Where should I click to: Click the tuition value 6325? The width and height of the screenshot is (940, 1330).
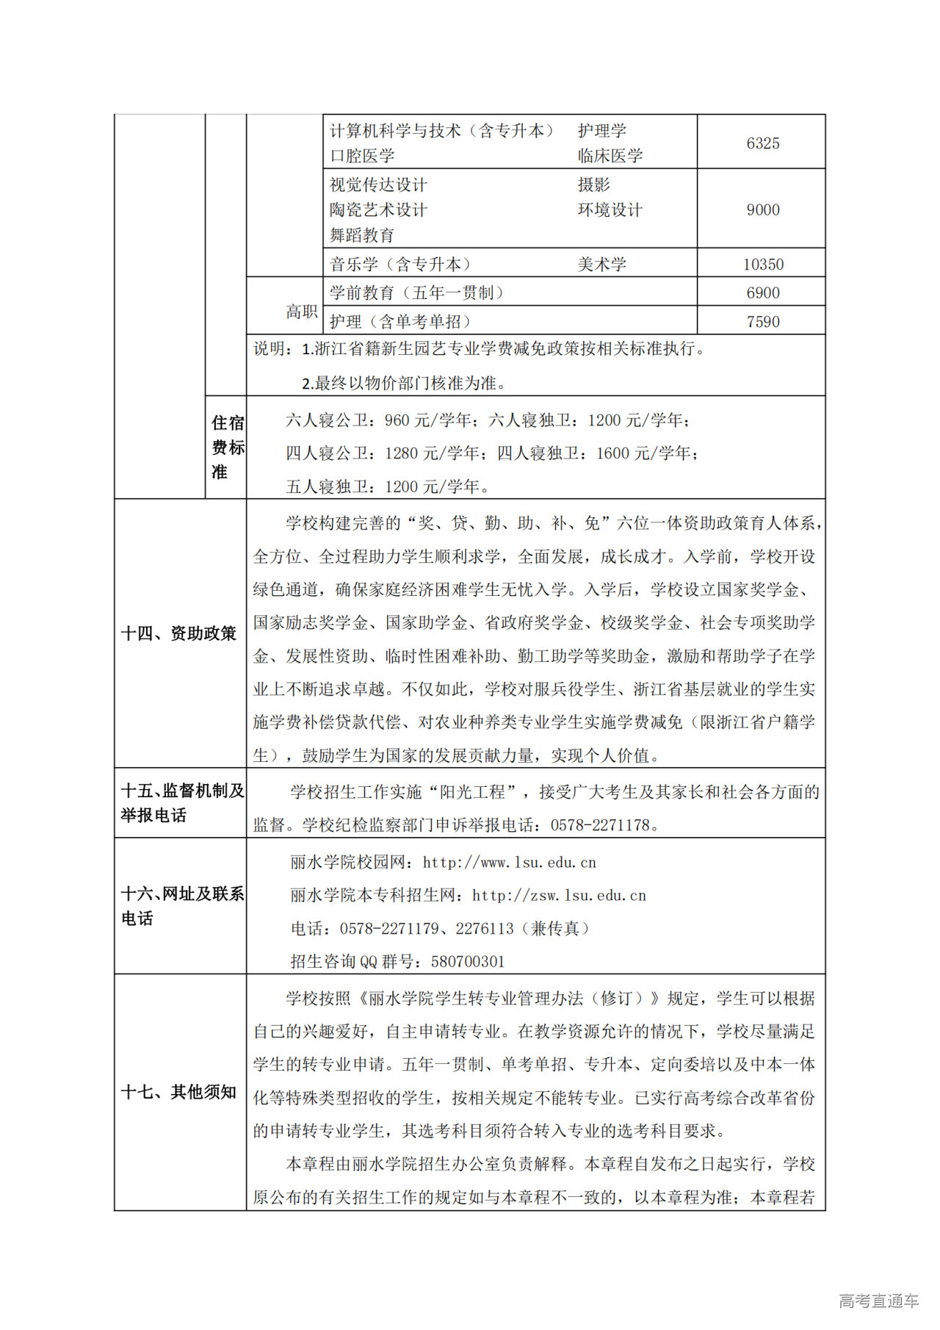point(762,143)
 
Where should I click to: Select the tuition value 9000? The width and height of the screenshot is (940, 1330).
point(762,210)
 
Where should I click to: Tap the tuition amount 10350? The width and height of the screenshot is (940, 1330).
point(762,265)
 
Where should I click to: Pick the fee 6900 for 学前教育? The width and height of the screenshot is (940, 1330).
point(762,293)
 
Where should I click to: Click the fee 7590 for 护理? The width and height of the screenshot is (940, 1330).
point(762,322)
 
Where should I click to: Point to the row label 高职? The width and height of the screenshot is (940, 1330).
point(302,312)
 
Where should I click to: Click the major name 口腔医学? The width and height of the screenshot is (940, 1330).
point(362,156)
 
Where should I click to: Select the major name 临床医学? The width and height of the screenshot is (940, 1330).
point(610,156)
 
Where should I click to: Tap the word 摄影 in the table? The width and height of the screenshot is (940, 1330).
point(593,184)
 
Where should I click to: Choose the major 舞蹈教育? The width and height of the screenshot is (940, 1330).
point(362,235)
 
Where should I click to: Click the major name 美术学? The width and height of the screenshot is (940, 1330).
point(601,265)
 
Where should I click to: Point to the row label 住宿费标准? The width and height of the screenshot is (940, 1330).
point(227,447)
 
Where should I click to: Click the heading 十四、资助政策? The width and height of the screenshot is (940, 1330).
point(178,633)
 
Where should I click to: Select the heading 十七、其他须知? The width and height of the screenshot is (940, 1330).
point(178,1092)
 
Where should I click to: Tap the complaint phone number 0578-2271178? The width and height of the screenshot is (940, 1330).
point(600,825)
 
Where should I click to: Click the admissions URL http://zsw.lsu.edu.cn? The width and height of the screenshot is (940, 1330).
point(559,896)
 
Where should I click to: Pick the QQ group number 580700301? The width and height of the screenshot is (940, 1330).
point(468,962)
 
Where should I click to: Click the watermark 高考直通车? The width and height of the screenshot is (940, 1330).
point(878,1301)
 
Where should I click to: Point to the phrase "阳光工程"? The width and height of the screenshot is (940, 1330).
point(480,792)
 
